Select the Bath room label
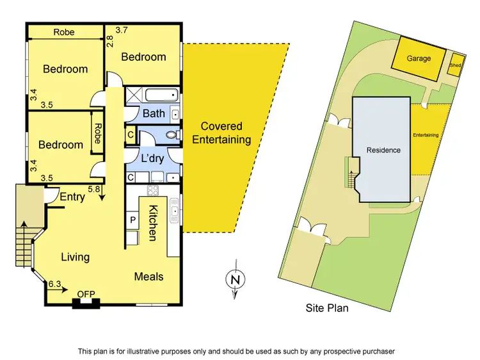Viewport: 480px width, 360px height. coord(154,113)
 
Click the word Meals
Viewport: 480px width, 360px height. coord(148,277)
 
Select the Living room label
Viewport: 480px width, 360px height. coord(75,257)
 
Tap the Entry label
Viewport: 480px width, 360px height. coord(72,197)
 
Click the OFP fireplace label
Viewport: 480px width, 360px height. coord(86,294)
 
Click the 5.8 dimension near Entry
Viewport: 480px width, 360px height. coord(93,189)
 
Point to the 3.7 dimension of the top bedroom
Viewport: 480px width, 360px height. coord(122,29)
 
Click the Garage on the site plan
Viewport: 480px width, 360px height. coord(419,58)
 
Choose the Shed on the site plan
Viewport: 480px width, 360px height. coord(455,65)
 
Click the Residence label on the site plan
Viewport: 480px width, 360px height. coord(383,150)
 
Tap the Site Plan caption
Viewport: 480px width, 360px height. coord(326,307)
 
